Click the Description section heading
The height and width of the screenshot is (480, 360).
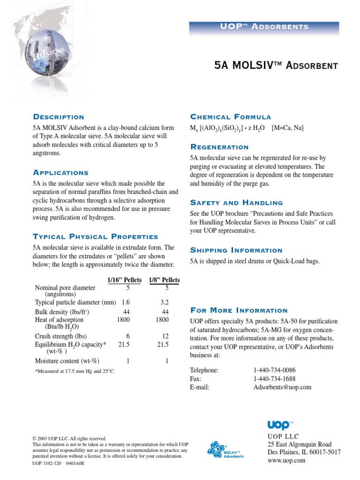[x=59, y=117]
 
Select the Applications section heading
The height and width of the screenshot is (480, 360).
[x=60, y=173]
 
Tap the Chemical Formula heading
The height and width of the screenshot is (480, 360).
[x=230, y=117]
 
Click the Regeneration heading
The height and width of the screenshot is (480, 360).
[x=219, y=147]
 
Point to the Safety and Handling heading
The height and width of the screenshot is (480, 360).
[x=236, y=203]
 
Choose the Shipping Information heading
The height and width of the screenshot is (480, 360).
[x=236, y=250]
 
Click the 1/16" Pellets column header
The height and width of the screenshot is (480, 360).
[x=124, y=280]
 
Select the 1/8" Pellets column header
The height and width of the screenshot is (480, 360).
[x=164, y=280]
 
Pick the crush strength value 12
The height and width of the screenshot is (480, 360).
[x=165, y=337]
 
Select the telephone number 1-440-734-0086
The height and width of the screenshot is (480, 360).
[x=275, y=370]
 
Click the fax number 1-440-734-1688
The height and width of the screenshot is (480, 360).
[x=275, y=379]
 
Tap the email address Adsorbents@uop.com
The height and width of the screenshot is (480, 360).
[x=282, y=387]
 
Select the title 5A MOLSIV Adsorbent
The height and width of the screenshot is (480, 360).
[x=276, y=66]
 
